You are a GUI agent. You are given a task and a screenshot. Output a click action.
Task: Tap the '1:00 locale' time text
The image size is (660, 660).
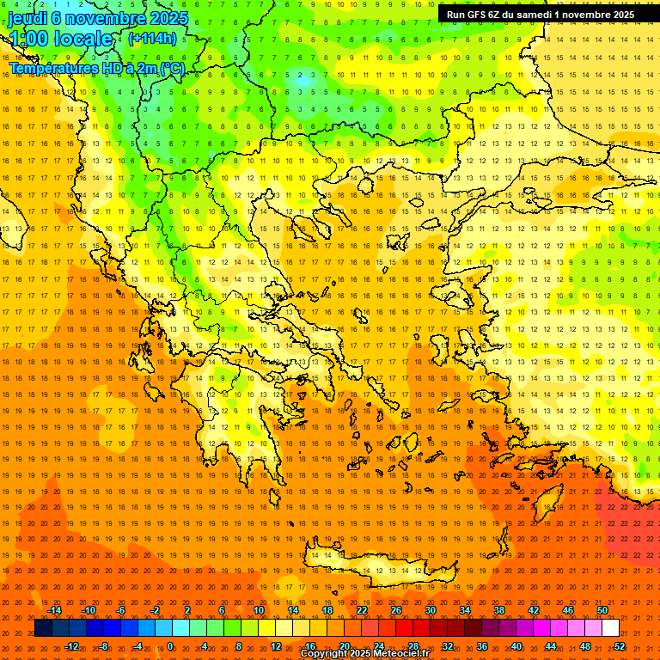(60, 39)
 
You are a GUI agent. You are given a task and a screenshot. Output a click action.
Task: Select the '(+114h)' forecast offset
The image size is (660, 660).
(152, 38)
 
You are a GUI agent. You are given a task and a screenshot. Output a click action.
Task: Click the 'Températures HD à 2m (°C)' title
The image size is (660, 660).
(97, 68)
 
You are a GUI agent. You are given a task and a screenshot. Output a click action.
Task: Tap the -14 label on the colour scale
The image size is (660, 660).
(54, 610)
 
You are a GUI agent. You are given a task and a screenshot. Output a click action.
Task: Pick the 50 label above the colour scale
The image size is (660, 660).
(602, 610)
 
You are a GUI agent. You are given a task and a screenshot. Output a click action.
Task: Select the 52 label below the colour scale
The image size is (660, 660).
(619, 646)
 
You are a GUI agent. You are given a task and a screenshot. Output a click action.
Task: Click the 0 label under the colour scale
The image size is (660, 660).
(170, 646)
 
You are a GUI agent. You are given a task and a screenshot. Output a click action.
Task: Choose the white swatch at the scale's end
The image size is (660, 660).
(610, 628)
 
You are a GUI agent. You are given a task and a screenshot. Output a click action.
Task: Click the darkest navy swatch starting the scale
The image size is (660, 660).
(43, 628)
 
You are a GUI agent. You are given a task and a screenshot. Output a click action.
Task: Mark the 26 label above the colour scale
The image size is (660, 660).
(395, 610)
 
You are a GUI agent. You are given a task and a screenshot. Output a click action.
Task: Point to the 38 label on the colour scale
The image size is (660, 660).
(498, 610)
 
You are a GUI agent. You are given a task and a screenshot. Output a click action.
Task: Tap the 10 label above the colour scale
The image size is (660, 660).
(258, 610)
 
